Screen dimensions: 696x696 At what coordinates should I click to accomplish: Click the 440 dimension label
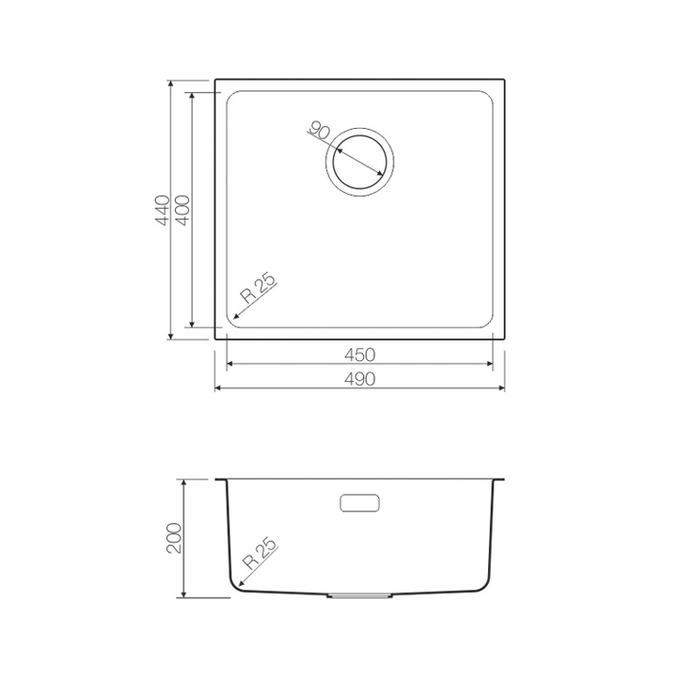(163, 210)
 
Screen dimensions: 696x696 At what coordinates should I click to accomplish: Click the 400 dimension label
(182, 210)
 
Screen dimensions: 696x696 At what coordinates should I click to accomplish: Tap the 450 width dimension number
(360, 355)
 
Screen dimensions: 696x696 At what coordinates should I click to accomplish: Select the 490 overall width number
(360, 379)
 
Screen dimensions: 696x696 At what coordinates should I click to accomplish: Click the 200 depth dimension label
(174, 538)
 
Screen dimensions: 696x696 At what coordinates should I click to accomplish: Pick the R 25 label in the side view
(260, 554)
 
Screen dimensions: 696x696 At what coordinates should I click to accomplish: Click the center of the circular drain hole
(359, 162)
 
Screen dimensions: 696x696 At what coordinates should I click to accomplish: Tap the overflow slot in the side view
(359, 503)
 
